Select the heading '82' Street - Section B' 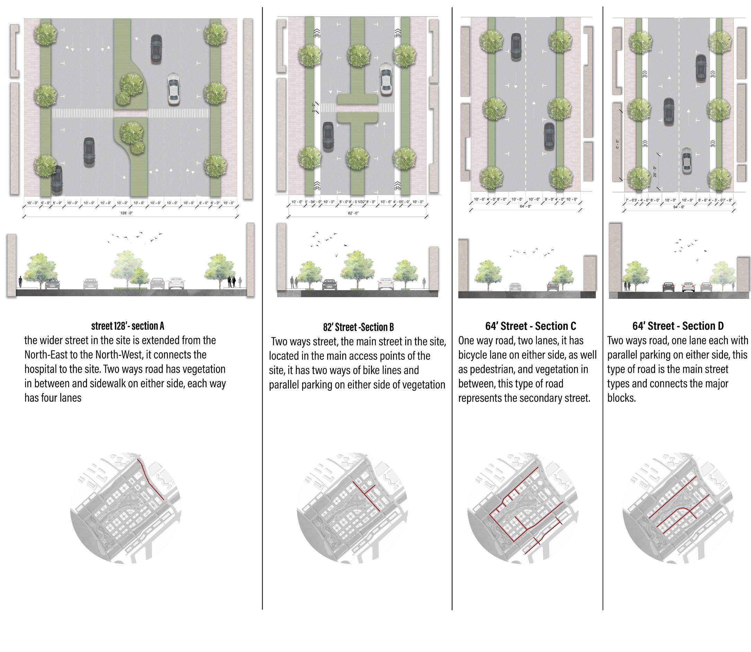tap(358, 328)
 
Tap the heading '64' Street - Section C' tap(531, 326)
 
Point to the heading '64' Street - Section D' tap(678, 326)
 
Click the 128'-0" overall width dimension tap(126, 213)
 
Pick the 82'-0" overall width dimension tap(353, 213)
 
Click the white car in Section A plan tap(174, 89)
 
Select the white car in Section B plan tap(386, 80)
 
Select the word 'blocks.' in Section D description tap(621, 398)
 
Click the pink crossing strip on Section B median tap(357, 108)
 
